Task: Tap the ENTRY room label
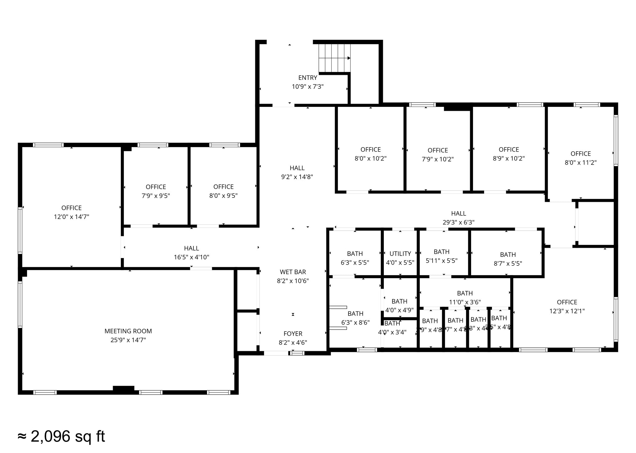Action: [307, 78]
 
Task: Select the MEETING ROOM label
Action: [128, 331]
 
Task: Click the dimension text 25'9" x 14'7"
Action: [128, 340]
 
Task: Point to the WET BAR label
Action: [293, 272]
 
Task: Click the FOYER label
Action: [293, 334]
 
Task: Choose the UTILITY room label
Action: [400, 254]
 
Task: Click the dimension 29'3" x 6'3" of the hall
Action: [458, 222]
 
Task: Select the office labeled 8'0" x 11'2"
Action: [580, 158]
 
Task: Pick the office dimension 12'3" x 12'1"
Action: [567, 311]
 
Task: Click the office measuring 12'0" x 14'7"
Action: [71, 212]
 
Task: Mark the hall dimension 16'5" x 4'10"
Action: [191, 257]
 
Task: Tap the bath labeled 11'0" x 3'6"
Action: [465, 297]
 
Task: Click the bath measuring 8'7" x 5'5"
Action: [508, 259]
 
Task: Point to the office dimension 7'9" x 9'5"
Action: [156, 196]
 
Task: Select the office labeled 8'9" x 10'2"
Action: [508, 154]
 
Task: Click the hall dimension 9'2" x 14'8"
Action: [297, 177]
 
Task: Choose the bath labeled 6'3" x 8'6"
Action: [355, 318]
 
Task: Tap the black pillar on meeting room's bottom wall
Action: [123, 388]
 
